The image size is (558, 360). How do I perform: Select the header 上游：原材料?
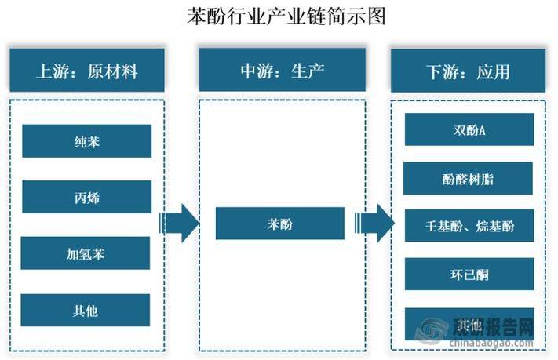(x=86, y=71)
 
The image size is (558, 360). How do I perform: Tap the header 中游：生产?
(x=282, y=71)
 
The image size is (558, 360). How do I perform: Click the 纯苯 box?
(x=86, y=141)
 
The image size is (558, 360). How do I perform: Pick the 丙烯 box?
(x=86, y=197)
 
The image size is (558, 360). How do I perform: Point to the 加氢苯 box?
(x=86, y=253)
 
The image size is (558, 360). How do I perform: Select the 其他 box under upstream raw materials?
(x=86, y=310)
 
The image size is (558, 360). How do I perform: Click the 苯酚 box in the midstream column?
(x=279, y=224)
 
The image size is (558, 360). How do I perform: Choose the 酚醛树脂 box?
(x=469, y=178)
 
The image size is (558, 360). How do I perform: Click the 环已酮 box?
(x=469, y=274)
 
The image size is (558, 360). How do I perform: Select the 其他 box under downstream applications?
(x=469, y=322)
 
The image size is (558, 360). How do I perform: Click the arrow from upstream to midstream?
(x=179, y=224)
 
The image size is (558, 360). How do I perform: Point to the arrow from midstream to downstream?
(x=374, y=224)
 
